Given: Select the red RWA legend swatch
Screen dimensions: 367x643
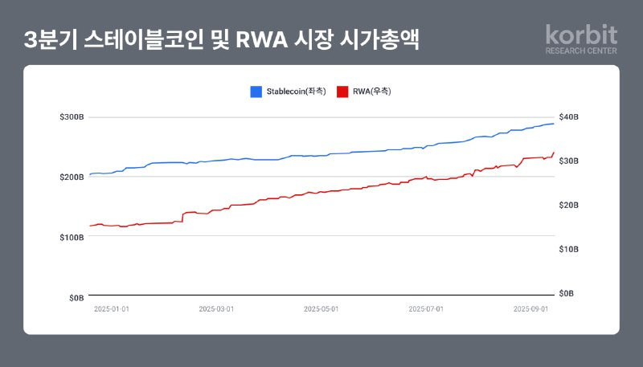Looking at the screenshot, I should click(x=342, y=92).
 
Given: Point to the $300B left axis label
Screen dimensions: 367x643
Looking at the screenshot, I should click(x=72, y=117).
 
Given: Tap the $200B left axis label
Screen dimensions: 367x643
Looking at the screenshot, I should click(x=72, y=177).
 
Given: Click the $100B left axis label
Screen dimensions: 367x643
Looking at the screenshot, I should click(x=72, y=237).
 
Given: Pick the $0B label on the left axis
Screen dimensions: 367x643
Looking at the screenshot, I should click(x=76, y=297).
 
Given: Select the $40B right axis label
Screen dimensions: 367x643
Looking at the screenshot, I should click(x=569, y=117).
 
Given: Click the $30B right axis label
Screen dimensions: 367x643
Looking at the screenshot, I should click(x=569, y=161).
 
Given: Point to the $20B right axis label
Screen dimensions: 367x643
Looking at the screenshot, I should click(x=569, y=206).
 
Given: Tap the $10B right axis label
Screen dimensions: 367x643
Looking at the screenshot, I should click(x=569, y=250).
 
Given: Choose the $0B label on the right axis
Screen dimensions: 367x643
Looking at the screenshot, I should click(x=567, y=294).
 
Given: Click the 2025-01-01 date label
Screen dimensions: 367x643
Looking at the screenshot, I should click(x=111, y=308).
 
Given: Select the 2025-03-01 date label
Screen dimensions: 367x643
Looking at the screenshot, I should click(x=216, y=308).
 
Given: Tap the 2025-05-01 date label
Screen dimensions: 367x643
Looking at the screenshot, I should click(x=321, y=308).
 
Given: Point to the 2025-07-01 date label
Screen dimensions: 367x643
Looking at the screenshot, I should click(x=426, y=308).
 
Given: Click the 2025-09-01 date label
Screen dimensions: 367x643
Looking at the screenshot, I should click(x=531, y=308).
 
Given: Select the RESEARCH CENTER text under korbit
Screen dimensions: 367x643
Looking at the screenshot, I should click(x=581, y=51).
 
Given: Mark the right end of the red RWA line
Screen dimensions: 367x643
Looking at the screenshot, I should click(x=554, y=153).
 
